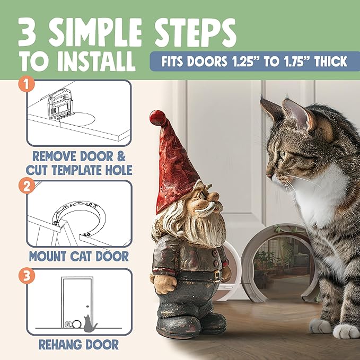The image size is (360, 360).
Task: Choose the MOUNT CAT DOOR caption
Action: click(x=79, y=256)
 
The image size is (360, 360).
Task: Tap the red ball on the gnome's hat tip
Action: click(x=155, y=117)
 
